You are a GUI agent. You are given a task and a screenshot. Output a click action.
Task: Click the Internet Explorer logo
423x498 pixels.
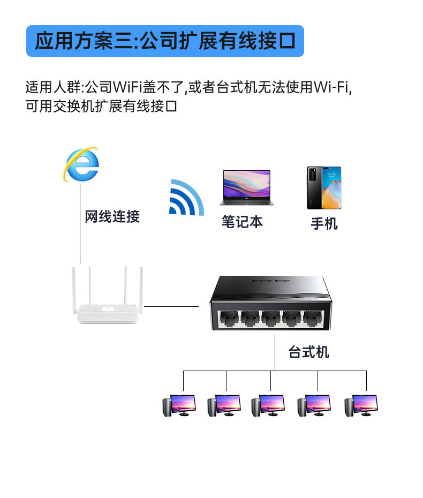(81, 164)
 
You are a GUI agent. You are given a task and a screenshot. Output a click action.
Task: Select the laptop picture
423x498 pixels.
(246, 187)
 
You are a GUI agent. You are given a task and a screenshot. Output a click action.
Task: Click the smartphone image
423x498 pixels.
(324, 188)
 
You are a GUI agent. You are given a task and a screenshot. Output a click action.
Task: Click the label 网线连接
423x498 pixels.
(112, 217)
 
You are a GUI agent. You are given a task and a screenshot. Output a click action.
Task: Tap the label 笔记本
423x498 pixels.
(243, 221)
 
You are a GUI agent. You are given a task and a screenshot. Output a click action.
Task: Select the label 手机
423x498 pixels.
(324, 223)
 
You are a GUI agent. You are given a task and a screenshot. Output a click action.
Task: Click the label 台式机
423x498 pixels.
(308, 352)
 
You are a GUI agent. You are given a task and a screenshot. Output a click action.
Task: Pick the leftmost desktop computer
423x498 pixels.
(179, 405)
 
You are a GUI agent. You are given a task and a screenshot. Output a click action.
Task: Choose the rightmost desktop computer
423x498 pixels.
(361, 405)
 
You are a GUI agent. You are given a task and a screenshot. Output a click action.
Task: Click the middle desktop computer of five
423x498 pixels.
(268, 405)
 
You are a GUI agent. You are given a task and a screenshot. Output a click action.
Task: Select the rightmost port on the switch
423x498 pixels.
(313, 318)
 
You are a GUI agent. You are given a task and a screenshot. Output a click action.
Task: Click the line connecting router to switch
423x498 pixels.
(171, 306)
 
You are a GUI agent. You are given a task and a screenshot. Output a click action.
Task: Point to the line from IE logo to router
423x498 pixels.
(80, 224)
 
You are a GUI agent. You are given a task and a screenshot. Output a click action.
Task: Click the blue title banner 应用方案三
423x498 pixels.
(165, 41)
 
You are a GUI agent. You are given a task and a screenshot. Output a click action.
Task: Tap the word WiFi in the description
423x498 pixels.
(127, 87)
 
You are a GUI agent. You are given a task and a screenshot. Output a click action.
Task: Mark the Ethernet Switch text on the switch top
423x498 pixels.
(271, 281)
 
